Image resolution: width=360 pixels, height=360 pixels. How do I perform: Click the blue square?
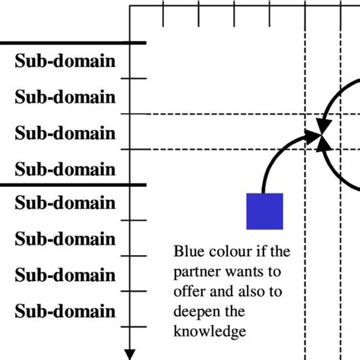(264, 211)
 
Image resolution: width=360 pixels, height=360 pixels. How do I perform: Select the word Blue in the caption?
(188, 251)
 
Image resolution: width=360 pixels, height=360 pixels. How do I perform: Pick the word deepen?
(196, 311)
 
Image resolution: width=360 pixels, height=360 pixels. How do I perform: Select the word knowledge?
(210, 332)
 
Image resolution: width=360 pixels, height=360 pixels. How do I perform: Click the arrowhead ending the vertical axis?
(131, 351)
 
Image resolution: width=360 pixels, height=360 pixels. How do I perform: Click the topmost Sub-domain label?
(65, 61)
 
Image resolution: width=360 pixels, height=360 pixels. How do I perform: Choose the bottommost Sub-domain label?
(65, 311)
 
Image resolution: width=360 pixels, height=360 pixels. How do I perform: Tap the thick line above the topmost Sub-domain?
(72, 43)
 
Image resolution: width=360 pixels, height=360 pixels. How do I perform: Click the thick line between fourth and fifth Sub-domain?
(72, 185)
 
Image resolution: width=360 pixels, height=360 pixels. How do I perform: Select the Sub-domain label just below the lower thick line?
(65, 203)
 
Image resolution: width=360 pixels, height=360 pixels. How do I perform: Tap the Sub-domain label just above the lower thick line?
(65, 169)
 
